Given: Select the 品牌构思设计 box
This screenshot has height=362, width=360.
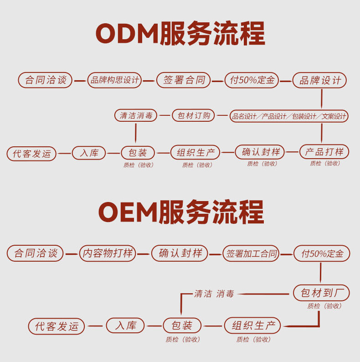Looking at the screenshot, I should [x=114, y=81].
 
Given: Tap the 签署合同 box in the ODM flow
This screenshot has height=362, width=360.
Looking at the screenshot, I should [x=184, y=81].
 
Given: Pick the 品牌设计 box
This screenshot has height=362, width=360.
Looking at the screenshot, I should [x=319, y=81].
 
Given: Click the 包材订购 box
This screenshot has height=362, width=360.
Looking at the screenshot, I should [x=194, y=116].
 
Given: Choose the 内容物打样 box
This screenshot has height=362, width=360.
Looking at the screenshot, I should [x=108, y=253].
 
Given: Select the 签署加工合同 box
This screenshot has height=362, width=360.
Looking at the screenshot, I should [x=252, y=253].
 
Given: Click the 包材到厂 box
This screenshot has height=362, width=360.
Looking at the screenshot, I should [x=322, y=293].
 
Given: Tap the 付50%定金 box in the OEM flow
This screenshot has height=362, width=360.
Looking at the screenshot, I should [x=322, y=253].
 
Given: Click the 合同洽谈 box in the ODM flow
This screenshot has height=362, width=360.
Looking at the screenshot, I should [x=46, y=81].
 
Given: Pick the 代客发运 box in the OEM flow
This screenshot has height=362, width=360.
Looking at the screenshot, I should [x=57, y=326].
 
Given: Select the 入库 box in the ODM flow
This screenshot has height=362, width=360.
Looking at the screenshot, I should [x=89, y=153].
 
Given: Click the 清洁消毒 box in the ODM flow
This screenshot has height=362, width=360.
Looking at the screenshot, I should [x=136, y=116].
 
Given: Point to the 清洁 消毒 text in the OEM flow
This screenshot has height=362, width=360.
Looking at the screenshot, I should [x=214, y=294].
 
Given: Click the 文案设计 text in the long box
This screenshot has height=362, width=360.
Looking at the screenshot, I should [x=334, y=116].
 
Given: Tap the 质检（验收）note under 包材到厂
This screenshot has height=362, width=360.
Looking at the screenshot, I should [x=324, y=306].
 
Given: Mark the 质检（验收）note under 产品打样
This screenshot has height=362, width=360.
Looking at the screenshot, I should [x=325, y=163].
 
